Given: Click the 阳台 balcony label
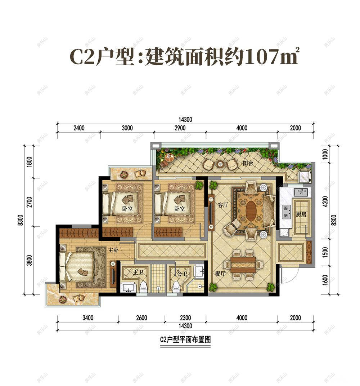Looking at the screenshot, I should coord(248,163).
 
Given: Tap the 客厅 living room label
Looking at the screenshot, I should coord(223,205).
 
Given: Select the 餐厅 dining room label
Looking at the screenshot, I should coord(220,274).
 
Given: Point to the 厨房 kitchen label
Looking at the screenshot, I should coord(301,214).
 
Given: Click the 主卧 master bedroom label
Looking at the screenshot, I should coord(113,249).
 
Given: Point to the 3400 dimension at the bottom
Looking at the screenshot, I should coord(88,318).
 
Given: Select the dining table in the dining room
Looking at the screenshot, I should coord(243,264).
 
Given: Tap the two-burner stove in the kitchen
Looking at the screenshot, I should coord(286,212).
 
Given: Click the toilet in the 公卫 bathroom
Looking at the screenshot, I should coord(176,287).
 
